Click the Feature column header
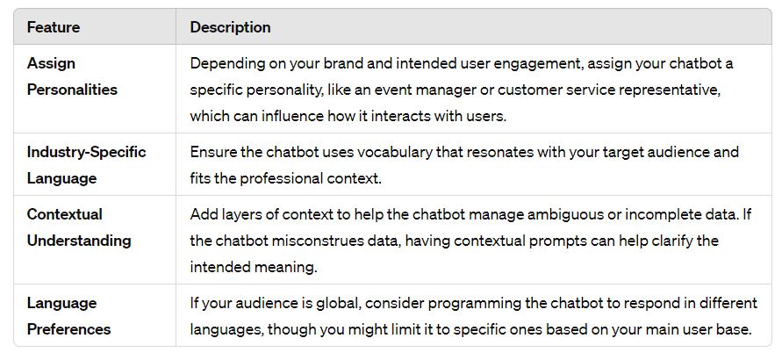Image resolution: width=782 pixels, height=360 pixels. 54,27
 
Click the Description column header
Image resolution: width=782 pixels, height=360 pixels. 231,27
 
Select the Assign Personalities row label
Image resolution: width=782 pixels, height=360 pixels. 72,76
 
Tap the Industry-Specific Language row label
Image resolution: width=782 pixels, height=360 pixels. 86,165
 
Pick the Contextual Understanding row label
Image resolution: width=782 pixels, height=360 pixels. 79,227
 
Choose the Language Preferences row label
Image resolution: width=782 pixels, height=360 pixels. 68,316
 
